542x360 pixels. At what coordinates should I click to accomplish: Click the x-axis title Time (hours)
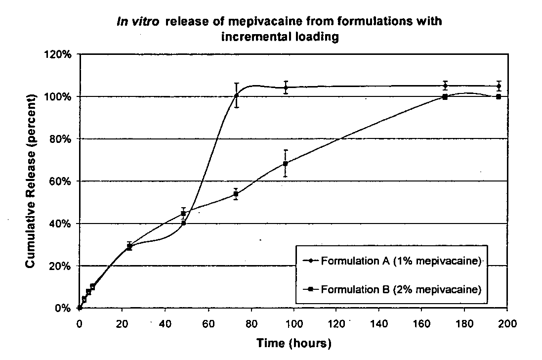coord(293,343)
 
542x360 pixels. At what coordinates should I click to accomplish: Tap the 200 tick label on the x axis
coord(507,324)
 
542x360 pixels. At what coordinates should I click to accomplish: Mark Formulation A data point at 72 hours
coord(237,95)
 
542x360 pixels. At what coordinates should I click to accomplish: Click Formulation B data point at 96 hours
coord(285,163)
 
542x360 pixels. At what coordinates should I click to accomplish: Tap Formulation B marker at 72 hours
coord(236,194)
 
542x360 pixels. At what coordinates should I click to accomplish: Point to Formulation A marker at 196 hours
coord(499,86)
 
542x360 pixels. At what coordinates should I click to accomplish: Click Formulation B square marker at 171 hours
coord(445,97)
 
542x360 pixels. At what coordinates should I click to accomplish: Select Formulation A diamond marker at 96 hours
coord(285,88)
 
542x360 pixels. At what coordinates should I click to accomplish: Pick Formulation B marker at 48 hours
coord(183,214)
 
